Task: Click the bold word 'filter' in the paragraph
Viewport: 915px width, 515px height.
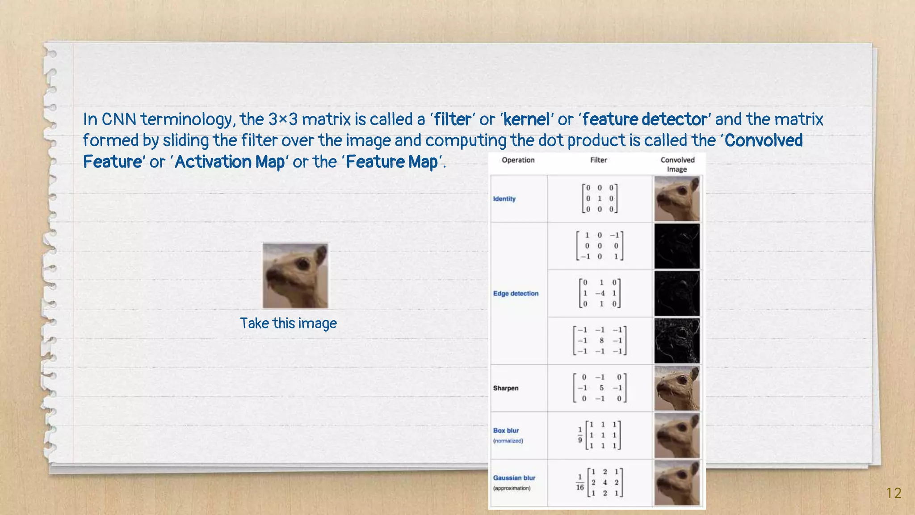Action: pos(453,119)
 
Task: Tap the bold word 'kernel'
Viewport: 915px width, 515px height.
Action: pos(526,119)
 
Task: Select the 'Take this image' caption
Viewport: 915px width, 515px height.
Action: pos(288,323)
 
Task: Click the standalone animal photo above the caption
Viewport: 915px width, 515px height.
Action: pos(295,275)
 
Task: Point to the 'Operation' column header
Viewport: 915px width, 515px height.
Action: pos(518,160)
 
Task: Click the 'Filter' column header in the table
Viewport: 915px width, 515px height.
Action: pos(598,160)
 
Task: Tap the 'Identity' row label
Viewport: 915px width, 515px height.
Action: pos(504,199)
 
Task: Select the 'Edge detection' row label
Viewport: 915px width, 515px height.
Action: pos(516,294)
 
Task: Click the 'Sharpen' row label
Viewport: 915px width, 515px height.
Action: pos(506,388)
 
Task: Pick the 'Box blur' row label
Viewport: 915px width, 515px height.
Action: pos(506,431)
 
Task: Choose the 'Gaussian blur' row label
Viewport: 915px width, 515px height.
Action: pos(514,478)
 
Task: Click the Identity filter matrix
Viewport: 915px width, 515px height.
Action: pos(600,198)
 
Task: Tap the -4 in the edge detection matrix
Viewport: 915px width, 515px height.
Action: pos(600,293)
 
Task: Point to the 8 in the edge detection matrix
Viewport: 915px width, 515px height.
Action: pos(601,341)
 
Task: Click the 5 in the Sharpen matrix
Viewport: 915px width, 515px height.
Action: pos(601,388)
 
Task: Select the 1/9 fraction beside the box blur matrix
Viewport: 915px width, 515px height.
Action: pos(580,435)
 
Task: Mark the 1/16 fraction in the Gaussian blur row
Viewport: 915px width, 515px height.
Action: pos(579,482)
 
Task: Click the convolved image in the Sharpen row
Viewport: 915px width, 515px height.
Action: pos(677,388)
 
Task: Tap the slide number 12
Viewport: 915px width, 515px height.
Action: pos(894,493)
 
